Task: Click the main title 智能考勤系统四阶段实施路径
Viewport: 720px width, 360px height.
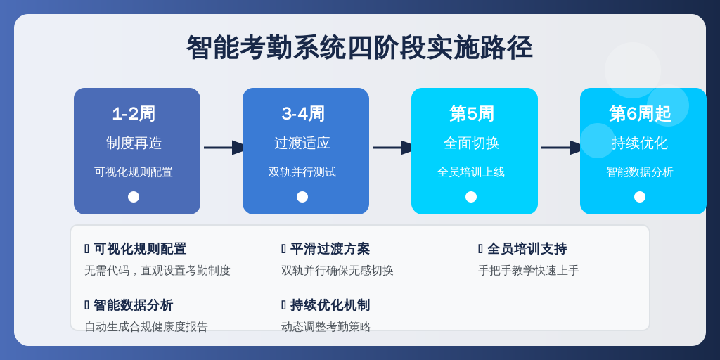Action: (359, 48)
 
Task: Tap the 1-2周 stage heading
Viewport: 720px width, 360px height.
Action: (134, 114)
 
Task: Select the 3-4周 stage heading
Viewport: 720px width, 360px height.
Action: (303, 114)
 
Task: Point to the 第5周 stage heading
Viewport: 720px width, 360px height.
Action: (472, 114)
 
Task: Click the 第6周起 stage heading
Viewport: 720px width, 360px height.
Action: (640, 114)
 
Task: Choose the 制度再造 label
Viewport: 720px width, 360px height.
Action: (134, 143)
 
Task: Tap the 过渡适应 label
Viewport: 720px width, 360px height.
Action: (302, 143)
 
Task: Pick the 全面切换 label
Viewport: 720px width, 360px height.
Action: (471, 143)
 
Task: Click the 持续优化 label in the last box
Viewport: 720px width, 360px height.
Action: (640, 143)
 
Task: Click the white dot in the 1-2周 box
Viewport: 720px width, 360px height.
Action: (134, 197)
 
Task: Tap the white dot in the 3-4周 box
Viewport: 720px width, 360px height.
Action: (302, 197)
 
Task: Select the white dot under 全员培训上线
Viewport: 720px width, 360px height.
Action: (471, 197)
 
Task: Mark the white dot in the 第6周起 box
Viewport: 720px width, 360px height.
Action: (640, 197)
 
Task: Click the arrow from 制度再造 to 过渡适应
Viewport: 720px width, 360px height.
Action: (225, 148)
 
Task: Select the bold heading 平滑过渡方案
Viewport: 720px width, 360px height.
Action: (330, 249)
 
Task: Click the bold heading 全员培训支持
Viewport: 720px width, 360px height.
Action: (527, 249)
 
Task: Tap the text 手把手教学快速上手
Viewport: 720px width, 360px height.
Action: (529, 271)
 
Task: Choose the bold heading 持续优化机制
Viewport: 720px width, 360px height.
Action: (330, 305)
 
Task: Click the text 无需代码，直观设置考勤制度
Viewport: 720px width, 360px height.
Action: (157, 271)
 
